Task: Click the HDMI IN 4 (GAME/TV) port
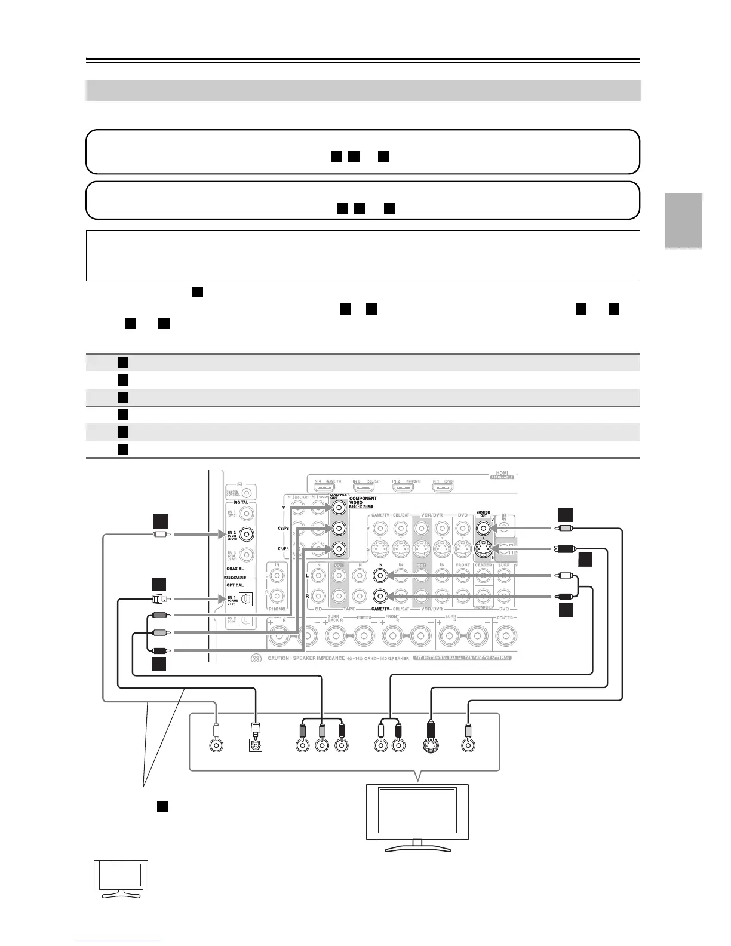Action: tap(324, 487)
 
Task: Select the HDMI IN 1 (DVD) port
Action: tap(442, 487)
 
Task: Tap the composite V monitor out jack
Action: tap(483, 528)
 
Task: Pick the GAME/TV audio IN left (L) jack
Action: tap(380, 576)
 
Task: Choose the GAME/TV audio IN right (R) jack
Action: tap(380, 596)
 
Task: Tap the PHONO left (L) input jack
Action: tap(277, 576)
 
